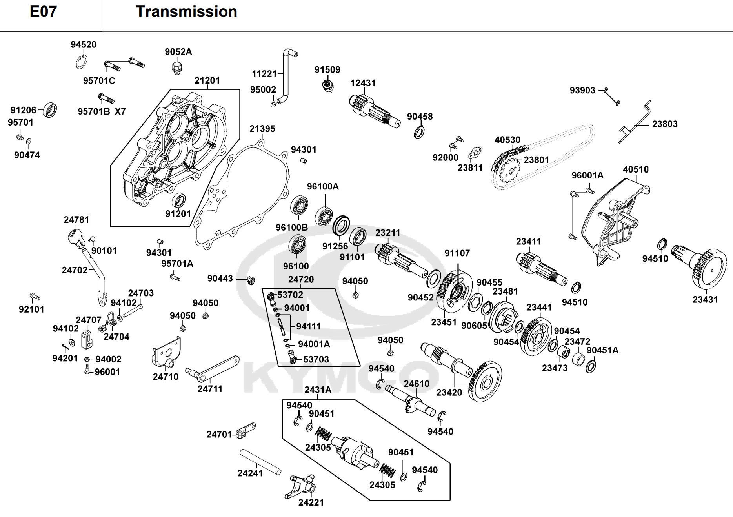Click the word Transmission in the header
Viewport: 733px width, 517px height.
tap(186, 12)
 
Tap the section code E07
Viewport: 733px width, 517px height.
tap(43, 12)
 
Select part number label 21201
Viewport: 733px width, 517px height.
tap(207, 80)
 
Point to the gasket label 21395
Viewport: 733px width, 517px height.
tap(262, 129)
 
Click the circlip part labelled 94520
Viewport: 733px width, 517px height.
tap(81, 62)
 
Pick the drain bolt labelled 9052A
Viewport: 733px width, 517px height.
tap(178, 67)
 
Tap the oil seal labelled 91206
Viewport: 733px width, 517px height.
tap(49, 110)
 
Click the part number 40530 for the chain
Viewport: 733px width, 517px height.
tap(507, 140)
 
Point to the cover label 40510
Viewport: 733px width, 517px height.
tap(636, 169)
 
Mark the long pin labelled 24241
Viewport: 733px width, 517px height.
tap(261, 462)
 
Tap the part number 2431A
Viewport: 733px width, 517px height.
tap(318, 390)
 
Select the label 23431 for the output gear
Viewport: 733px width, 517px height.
tap(705, 300)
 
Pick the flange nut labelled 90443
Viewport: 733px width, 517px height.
tap(251, 280)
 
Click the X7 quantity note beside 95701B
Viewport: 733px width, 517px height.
tap(120, 111)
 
